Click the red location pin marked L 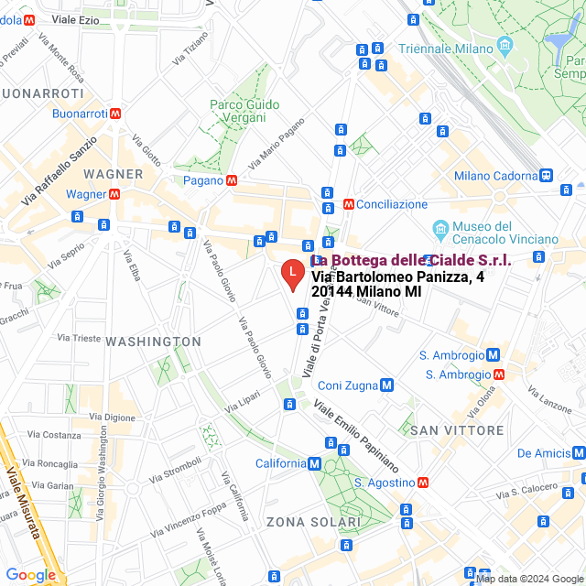291,274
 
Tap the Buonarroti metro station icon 115,114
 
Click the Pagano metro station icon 233,180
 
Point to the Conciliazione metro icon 348,204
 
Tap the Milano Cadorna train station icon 547,176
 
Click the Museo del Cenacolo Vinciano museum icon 440,227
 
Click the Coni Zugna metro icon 387,385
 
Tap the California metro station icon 315,463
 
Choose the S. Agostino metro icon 423,482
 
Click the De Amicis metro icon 579,453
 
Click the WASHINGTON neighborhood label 153,342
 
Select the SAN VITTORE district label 456,430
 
